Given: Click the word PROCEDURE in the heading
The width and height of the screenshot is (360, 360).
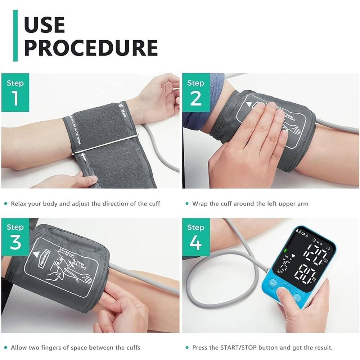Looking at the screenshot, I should click(x=91, y=47).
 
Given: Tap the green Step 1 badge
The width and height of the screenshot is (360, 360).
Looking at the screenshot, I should click(x=15, y=93).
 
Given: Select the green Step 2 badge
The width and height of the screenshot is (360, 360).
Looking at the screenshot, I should click(x=195, y=93).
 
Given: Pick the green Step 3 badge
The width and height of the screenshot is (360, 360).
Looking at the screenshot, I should click(x=15, y=237).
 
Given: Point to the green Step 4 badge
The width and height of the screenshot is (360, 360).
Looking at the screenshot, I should click(x=195, y=237).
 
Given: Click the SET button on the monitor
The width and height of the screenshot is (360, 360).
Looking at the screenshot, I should click(x=273, y=283).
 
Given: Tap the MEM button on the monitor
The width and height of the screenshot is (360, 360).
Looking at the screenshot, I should click(x=296, y=298).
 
